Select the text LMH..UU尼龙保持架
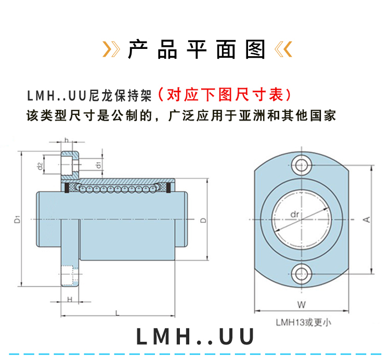pos(88,96)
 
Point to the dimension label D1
pos(17,218)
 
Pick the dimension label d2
pos(40,166)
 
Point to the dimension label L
pos(117,313)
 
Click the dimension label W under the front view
pos(301,304)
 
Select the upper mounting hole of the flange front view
pos(301,166)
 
